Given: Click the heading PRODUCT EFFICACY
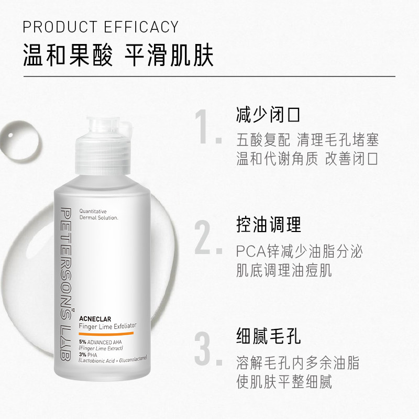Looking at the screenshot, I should [101, 27].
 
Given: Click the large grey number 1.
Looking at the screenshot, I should [206, 128].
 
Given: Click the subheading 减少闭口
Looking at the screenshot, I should [269, 114].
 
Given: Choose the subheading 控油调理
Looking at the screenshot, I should [269, 225].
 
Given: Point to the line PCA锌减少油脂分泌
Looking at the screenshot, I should [300, 251].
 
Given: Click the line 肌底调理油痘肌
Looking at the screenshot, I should [284, 271].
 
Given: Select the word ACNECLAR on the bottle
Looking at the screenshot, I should [93, 316].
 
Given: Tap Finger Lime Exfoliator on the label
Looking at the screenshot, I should [107, 326].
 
